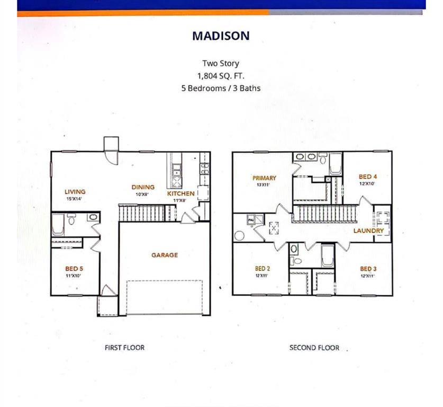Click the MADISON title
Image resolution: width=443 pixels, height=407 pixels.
coord(221,36)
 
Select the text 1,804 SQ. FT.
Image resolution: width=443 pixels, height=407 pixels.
coord(221,76)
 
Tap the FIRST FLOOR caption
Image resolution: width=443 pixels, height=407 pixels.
coord(124,348)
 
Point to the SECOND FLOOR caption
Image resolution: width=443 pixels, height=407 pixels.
coord(314,348)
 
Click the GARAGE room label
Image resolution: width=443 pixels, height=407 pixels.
coord(165,255)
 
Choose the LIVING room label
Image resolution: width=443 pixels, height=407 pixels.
coord(75,192)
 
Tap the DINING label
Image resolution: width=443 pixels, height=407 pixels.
coord(143,187)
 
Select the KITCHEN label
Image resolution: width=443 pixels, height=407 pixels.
coord(180,194)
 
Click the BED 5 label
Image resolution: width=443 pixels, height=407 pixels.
coord(74,269)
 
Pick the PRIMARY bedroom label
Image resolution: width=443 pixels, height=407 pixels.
coord(264,178)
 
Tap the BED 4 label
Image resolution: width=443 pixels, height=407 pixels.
coord(367,177)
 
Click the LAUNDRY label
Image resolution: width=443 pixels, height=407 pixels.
coord(368,231)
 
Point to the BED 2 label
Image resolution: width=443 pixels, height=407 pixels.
coord(263,269)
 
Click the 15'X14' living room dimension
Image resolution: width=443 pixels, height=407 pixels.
coord(75,199)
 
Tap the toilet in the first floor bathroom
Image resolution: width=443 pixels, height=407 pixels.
coord(71,218)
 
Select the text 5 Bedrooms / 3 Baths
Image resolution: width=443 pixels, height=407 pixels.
coord(221,89)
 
